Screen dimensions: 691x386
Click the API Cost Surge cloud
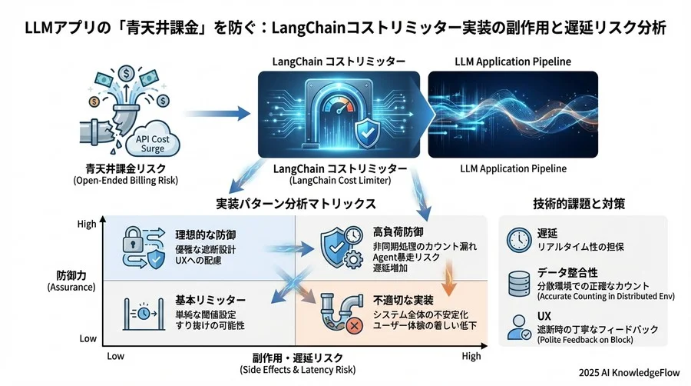(x=153, y=140)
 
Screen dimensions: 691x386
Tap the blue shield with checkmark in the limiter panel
(x=368, y=132)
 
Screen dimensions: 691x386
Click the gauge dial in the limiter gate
(x=338, y=106)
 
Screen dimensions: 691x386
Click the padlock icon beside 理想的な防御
(x=133, y=240)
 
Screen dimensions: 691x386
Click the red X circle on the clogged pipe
(x=354, y=326)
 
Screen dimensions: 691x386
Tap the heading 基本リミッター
(x=210, y=301)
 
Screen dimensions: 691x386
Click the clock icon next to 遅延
(x=519, y=241)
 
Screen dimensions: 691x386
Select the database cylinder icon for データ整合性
(x=519, y=284)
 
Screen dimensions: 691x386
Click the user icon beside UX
(x=519, y=328)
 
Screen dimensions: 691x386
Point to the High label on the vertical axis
(x=86, y=224)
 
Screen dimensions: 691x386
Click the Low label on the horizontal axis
(x=115, y=356)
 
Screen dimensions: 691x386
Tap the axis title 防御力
(x=71, y=275)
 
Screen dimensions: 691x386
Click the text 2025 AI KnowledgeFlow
(x=630, y=373)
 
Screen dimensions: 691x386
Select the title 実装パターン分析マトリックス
(x=296, y=204)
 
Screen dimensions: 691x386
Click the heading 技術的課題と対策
(x=579, y=203)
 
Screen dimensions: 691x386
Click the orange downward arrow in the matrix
(x=448, y=278)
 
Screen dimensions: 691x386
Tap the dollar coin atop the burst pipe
(x=127, y=73)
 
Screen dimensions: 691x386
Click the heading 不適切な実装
(x=403, y=301)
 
